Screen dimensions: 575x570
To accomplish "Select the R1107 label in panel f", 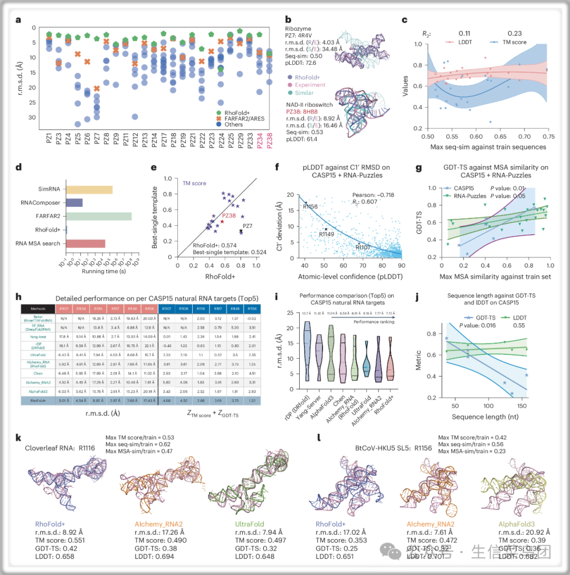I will point(365,247).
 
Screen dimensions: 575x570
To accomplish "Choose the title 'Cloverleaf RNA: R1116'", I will point(61,448).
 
